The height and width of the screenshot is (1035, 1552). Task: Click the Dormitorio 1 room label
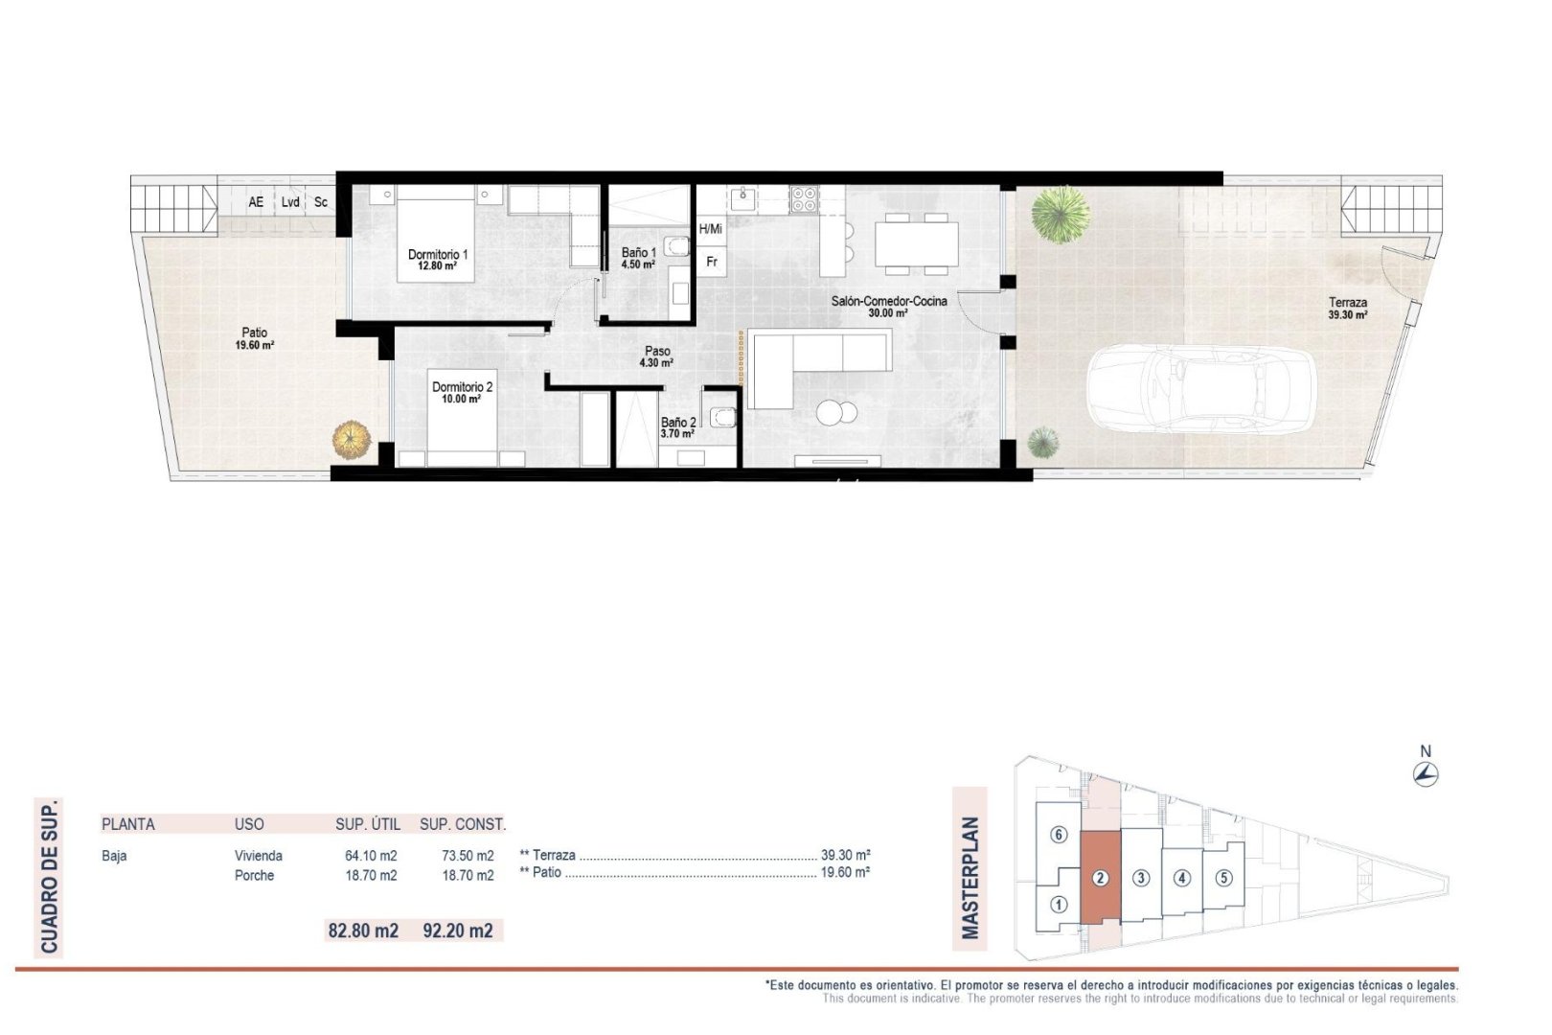click(438, 260)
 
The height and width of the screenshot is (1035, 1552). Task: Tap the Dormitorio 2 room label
click(462, 393)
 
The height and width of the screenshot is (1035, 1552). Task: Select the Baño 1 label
click(638, 258)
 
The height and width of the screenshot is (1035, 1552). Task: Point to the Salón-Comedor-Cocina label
click(888, 306)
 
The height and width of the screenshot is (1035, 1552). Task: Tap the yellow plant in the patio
click(351, 440)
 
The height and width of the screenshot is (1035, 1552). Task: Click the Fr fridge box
click(712, 261)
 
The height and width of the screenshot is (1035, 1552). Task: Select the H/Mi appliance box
click(711, 229)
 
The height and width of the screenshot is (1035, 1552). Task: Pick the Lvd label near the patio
click(290, 202)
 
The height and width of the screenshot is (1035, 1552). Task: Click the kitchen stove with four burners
click(804, 198)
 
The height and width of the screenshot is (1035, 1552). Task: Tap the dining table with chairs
click(916, 242)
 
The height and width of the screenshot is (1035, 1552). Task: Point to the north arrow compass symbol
click(1426, 774)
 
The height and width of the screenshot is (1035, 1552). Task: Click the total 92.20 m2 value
click(458, 930)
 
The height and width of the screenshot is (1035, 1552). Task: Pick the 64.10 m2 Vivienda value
click(371, 856)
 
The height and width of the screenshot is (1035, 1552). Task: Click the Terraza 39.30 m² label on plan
click(1347, 308)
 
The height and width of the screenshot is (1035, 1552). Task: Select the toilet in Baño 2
click(721, 415)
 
